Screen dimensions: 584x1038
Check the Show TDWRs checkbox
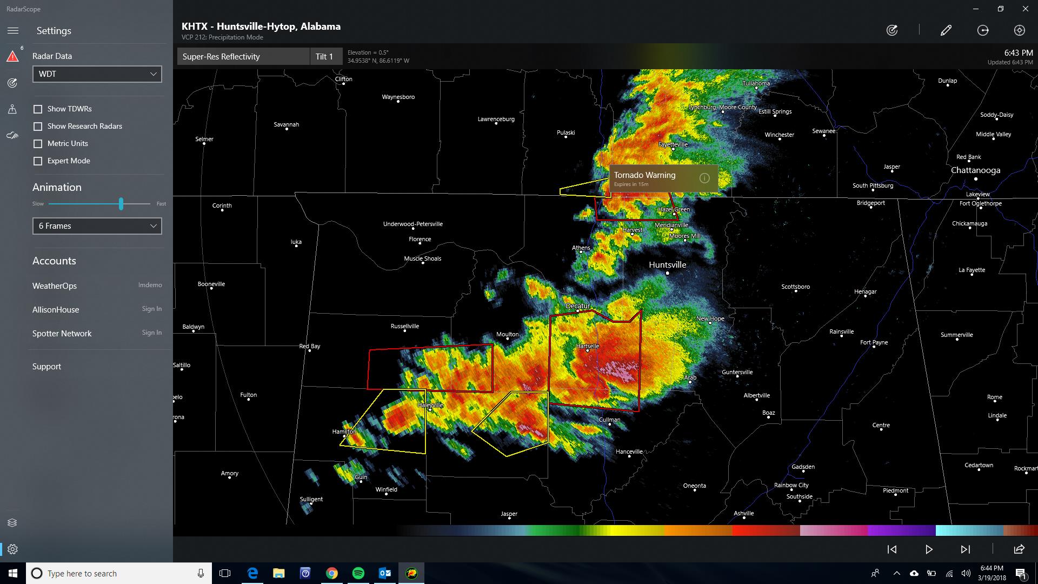pos(38,109)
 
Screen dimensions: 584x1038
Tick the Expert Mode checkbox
pos(38,161)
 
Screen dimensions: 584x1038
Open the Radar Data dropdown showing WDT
pos(97,74)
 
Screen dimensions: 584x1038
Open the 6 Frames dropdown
pos(97,226)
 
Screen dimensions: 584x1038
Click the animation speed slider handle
pos(121,204)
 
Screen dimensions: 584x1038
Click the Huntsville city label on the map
pos(667,265)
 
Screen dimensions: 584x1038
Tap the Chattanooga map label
pos(975,170)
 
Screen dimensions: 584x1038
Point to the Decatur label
pos(577,306)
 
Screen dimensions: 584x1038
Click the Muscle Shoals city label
pos(422,258)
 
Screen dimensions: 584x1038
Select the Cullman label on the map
pos(609,420)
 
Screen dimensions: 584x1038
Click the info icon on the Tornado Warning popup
pos(704,178)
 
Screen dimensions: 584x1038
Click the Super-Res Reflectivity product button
pos(243,57)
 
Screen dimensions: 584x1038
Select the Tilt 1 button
pos(324,57)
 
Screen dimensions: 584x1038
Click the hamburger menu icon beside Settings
pos(13,31)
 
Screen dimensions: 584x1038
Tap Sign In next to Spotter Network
pos(151,333)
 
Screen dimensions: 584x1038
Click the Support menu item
pos(46,367)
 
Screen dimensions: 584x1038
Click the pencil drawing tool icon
pos(946,31)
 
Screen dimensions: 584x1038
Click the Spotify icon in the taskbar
pos(358,573)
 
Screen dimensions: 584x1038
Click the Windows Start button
pos(13,573)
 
